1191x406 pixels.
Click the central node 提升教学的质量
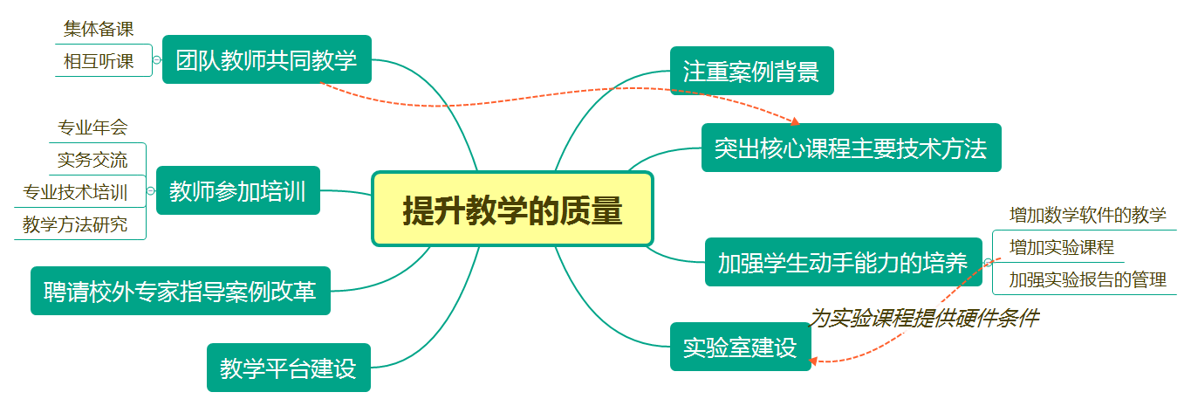tap(512, 210)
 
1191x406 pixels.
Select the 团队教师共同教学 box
tap(266, 59)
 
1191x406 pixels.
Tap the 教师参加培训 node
tap(237, 190)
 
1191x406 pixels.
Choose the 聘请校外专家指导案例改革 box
tap(181, 291)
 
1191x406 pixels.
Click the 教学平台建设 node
tap(288, 368)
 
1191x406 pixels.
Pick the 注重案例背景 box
tap(751, 71)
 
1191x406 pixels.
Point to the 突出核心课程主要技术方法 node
tap(851, 148)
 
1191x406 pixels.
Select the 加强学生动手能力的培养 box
tap(842, 262)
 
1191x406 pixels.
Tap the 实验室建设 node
tap(740, 347)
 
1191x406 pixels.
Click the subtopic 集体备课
tap(99, 29)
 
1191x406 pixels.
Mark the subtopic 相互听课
tap(99, 61)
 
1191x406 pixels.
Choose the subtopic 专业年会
tap(92, 127)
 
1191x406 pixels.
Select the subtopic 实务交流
tap(92, 160)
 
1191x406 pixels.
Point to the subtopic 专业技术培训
tap(75, 192)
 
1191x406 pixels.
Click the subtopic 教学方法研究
tap(75, 224)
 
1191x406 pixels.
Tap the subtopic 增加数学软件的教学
tap(1087, 215)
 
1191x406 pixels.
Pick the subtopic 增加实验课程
tap(1061, 247)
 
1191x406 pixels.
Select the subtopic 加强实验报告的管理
tap(1087, 279)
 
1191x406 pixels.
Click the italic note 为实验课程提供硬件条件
tap(924, 318)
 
